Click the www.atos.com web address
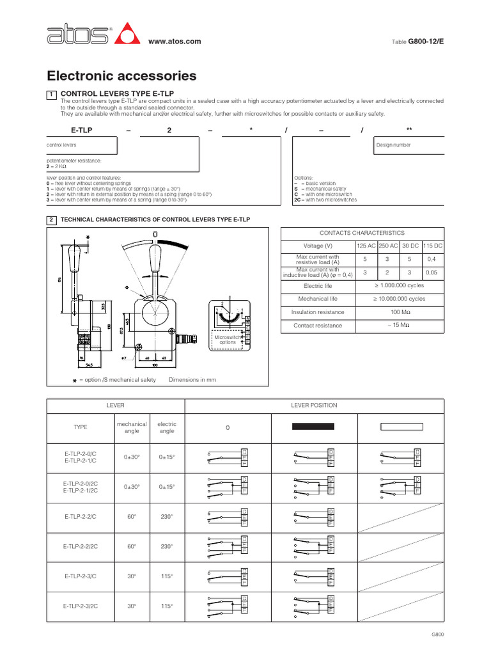click(x=175, y=42)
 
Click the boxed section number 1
click(x=51, y=94)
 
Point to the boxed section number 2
click(x=51, y=220)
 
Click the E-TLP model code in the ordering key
click(x=82, y=129)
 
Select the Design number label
click(x=393, y=145)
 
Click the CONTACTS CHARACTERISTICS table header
click(x=362, y=233)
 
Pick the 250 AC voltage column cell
click(x=388, y=246)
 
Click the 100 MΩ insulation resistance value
click(x=400, y=312)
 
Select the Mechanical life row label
click(x=318, y=299)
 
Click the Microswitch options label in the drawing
click(x=228, y=339)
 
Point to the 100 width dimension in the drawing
click(x=154, y=366)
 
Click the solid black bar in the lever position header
click(x=313, y=427)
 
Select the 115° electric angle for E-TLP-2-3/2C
click(x=167, y=605)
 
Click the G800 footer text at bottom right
click(x=437, y=634)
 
